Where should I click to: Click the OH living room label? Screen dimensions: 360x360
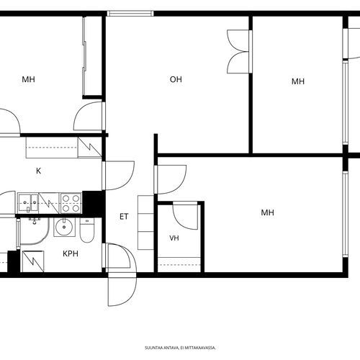[x=176, y=79]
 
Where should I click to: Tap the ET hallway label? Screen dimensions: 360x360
[x=124, y=217]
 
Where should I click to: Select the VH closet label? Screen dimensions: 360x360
[x=174, y=238]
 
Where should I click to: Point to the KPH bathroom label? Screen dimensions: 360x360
[x=71, y=253]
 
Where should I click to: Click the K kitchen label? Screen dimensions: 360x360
[x=38, y=171]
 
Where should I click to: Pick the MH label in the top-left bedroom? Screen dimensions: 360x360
[x=28, y=79]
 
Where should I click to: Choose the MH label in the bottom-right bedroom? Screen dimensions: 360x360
[x=267, y=212]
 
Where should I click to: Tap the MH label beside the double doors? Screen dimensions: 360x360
[x=298, y=81]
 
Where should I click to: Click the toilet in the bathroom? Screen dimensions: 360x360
[x=87, y=230]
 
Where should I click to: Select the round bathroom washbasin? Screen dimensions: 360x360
[x=64, y=227]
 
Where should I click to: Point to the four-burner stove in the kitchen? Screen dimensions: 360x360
[x=71, y=203]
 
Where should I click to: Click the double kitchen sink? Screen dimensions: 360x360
[x=28, y=203]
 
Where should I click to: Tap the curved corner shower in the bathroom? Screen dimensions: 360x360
[x=35, y=231]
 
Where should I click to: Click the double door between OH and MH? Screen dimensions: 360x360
[x=238, y=51]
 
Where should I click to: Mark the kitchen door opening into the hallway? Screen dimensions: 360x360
[x=118, y=176]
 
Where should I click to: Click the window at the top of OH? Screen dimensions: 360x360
[x=130, y=14]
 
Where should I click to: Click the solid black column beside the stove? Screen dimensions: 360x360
[x=94, y=204]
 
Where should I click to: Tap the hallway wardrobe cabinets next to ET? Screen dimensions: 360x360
[x=145, y=222]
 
